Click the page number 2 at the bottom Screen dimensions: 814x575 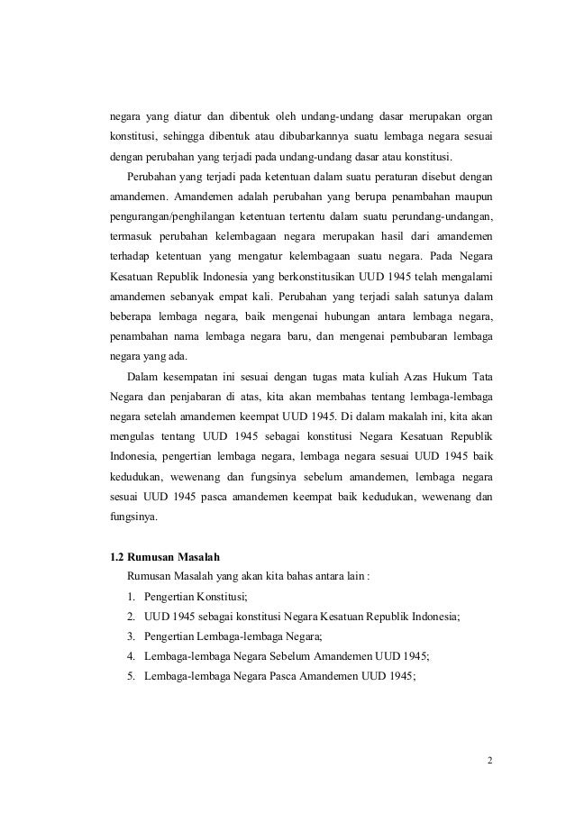(x=489, y=760)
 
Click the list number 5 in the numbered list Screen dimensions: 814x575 (x=132, y=676)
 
